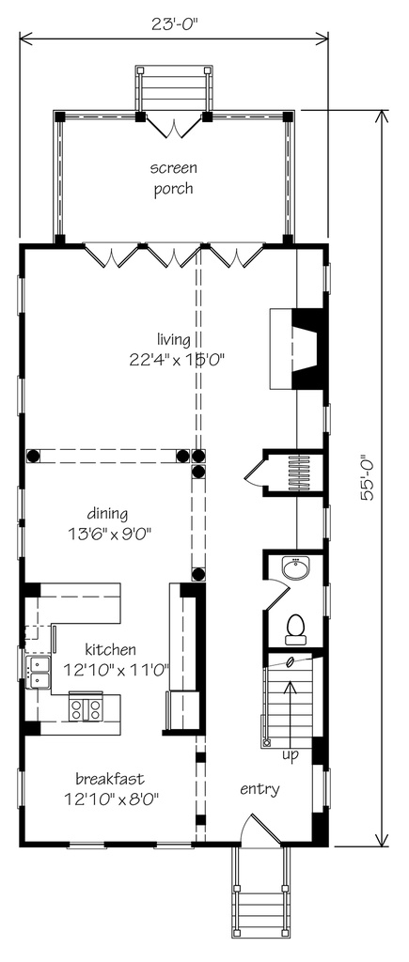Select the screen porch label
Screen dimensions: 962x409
[173, 178]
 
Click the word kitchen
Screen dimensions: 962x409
[110, 649]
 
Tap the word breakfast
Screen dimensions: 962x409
[109, 779]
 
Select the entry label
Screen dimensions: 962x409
[260, 789]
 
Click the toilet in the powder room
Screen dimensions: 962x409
[295, 628]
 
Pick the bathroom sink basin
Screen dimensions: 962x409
[295, 568]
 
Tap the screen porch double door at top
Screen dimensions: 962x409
[173, 126]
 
